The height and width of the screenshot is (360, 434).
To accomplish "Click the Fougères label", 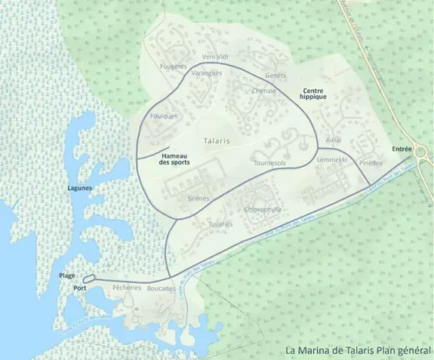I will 173,66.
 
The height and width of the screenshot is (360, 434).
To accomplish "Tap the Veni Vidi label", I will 215,57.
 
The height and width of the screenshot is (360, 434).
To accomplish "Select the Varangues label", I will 207,73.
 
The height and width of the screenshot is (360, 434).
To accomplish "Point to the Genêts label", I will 276,76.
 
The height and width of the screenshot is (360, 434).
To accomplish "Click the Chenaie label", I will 264,91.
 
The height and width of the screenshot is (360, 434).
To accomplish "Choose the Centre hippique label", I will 313,93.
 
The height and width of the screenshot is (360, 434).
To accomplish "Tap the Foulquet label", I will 163,116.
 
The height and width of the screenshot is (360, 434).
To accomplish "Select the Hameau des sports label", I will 174,159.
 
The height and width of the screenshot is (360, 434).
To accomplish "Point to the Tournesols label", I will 270,162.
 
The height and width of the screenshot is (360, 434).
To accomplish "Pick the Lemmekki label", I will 332,160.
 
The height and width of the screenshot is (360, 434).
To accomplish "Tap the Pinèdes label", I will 370,163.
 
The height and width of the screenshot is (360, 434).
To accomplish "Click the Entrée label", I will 402,149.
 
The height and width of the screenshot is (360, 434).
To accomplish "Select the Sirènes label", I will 198,199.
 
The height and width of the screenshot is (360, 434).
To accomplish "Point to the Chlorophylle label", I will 262,209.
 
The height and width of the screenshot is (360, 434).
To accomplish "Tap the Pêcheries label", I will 126,287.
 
